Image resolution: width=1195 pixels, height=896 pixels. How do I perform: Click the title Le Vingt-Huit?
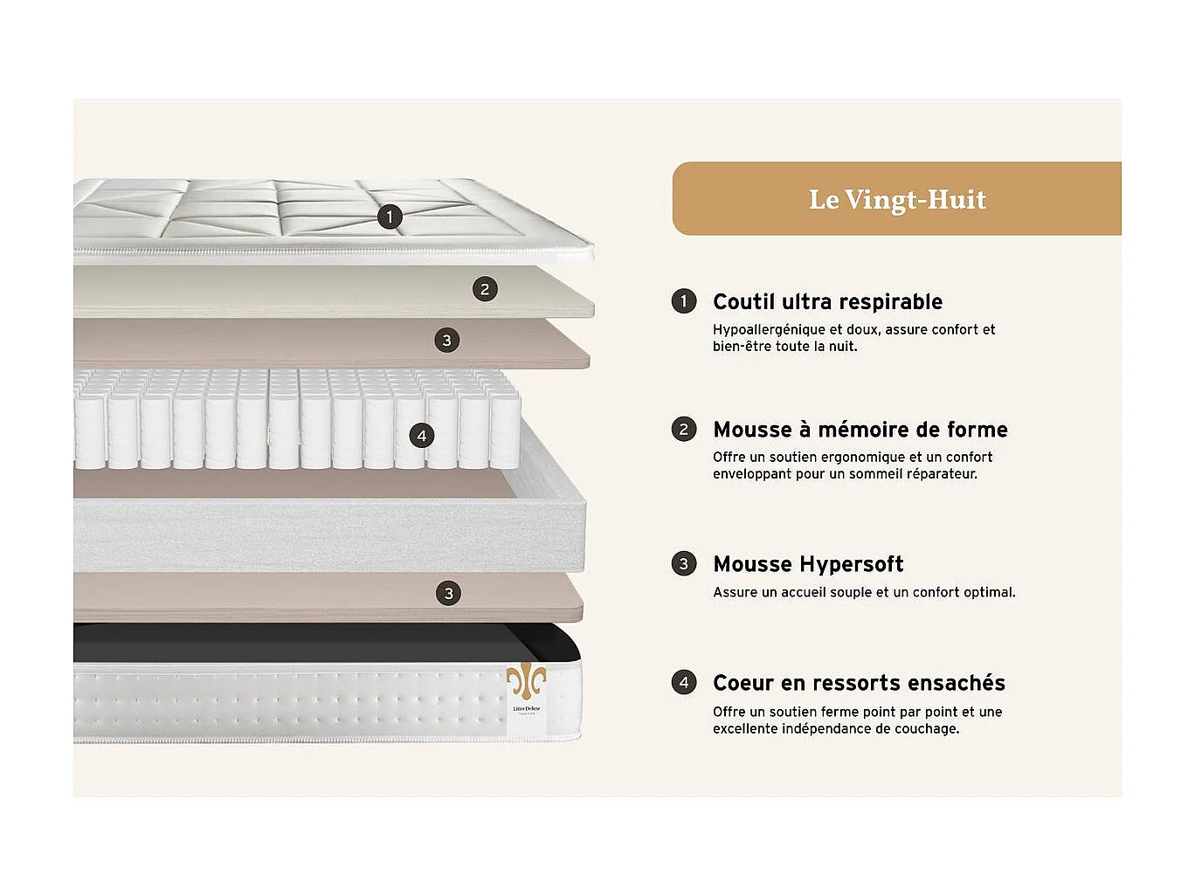click(x=897, y=199)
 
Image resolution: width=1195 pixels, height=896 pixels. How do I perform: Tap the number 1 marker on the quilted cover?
click(x=390, y=217)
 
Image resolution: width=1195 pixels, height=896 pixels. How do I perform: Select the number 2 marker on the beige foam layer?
click(x=485, y=289)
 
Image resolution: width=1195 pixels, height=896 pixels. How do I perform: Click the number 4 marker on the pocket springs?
click(x=422, y=435)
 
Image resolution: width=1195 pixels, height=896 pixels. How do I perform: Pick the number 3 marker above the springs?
click(x=446, y=340)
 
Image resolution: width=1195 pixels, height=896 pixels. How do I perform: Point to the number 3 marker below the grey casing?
click(x=448, y=594)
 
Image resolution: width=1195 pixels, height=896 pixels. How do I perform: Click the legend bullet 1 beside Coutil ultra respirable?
click(x=684, y=301)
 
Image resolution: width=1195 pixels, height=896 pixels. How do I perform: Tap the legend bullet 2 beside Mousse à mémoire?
click(x=684, y=429)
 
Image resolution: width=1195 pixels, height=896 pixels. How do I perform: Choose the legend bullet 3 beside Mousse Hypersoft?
click(x=684, y=563)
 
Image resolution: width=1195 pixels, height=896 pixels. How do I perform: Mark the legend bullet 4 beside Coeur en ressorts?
click(x=684, y=682)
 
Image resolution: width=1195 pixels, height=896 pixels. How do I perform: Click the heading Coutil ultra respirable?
click(x=827, y=302)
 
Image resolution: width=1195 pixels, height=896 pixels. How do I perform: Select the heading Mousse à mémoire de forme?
click(x=860, y=430)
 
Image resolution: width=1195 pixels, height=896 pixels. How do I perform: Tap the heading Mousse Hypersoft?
click(x=808, y=564)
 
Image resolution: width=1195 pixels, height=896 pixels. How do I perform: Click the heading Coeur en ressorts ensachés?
click(x=859, y=683)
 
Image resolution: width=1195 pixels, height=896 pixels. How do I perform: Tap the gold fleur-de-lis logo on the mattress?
click(x=526, y=679)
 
